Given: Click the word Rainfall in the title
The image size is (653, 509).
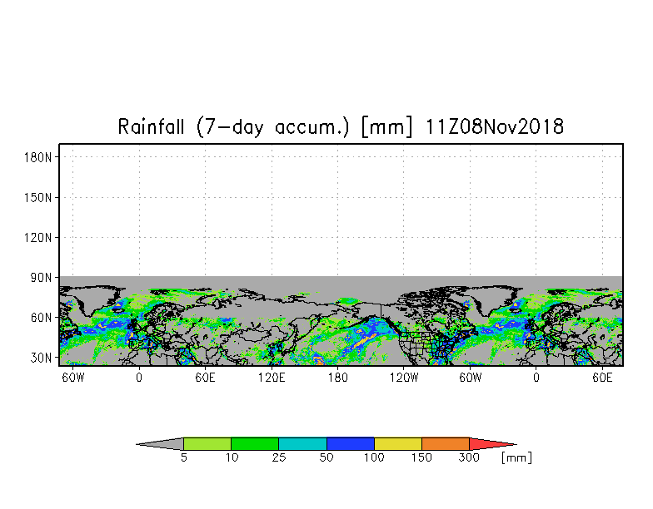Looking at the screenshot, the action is pos(151,126).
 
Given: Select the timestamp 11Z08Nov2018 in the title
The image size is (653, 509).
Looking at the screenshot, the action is pos(495,126).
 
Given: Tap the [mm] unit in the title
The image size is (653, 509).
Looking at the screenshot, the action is pos(386,126).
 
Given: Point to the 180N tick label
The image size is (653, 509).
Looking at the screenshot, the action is pos(38,157).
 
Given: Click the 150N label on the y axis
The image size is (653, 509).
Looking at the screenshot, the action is pos(38,197).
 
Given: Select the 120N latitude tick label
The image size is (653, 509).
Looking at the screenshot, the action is pos(38,238).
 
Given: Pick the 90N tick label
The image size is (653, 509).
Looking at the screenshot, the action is pos(41,278).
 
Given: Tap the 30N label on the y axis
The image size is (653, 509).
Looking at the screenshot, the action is pos(41,358).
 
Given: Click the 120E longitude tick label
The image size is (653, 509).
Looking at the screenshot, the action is pos(272,378).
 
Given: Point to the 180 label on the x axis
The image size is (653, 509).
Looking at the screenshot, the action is pos(338,378).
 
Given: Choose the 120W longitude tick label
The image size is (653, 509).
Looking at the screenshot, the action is pos(404,378).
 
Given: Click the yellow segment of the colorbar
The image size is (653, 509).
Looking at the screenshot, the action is pos(398,444).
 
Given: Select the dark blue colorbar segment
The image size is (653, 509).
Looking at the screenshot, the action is pos(350,444).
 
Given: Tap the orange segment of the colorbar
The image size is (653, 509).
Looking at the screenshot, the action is pos(446,444).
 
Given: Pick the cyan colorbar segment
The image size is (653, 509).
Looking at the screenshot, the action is pos(302,444).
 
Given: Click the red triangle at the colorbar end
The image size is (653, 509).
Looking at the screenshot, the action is pos(487,444).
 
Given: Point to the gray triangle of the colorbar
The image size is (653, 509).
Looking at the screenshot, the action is pos(165,444).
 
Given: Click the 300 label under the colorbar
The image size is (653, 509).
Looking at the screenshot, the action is pos(469,457).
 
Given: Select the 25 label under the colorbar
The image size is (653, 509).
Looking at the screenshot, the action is pos(278,457).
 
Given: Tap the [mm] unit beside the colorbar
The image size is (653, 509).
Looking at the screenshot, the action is pos(516,457).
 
